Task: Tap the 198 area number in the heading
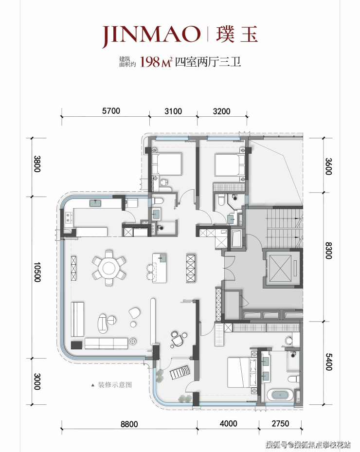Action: tap(150, 62)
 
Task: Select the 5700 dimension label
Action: tap(111, 111)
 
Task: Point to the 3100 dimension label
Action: tap(173, 111)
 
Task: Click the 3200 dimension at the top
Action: tap(222, 111)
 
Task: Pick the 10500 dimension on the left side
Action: tap(37, 272)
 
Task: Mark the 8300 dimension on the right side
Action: tap(328, 251)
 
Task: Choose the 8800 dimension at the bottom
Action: tap(129, 424)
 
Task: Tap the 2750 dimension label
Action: tap(280, 423)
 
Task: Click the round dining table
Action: tap(108, 268)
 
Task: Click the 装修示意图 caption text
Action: tap(115, 384)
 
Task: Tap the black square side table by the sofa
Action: tap(77, 345)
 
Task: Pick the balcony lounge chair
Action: tap(180, 372)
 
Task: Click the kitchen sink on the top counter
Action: tap(95, 203)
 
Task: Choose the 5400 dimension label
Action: tap(328, 362)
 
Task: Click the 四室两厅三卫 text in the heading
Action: tap(208, 62)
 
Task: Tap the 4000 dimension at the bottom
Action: tap(228, 423)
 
